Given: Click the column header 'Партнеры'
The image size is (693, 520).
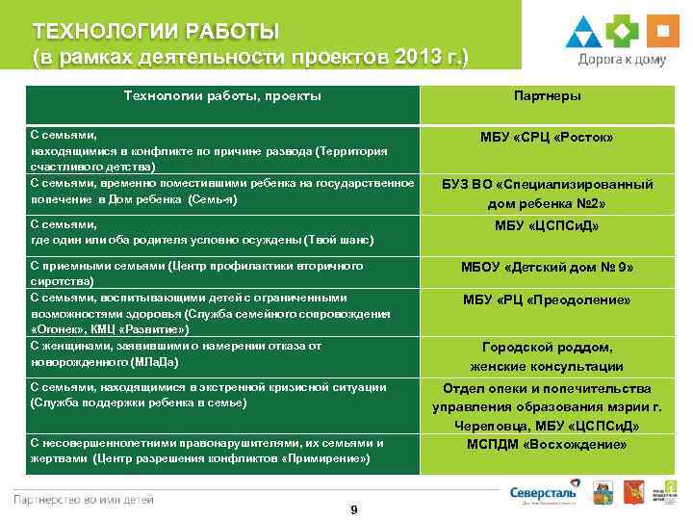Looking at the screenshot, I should pyautogui.click(x=547, y=96).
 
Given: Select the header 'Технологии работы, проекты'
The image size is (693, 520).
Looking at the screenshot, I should pyautogui.click(x=222, y=96).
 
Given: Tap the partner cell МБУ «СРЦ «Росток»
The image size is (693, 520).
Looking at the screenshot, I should pyautogui.click(x=547, y=138).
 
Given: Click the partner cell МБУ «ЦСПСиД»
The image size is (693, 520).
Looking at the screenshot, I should pyautogui.click(x=547, y=226).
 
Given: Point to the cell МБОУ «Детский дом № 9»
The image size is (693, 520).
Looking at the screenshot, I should pyautogui.click(x=547, y=267).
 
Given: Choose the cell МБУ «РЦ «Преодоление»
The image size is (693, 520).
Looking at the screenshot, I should pyautogui.click(x=547, y=300).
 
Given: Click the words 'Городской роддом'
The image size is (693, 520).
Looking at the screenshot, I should pyautogui.click(x=547, y=348).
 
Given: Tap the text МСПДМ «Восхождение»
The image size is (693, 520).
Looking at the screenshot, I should pyautogui.click(x=547, y=444).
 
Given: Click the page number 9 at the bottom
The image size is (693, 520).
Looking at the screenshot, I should pyautogui.click(x=354, y=509).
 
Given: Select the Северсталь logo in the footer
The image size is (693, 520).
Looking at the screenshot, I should pyautogui.click(x=543, y=492).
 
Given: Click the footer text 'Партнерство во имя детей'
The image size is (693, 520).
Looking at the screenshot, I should pyautogui.click(x=82, y=499).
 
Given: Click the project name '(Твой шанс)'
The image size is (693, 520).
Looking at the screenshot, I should pyautogui.click(x=338, y=240).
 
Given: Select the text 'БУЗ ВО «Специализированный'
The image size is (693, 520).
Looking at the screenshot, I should pyautogui.click(x=547, y=184).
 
